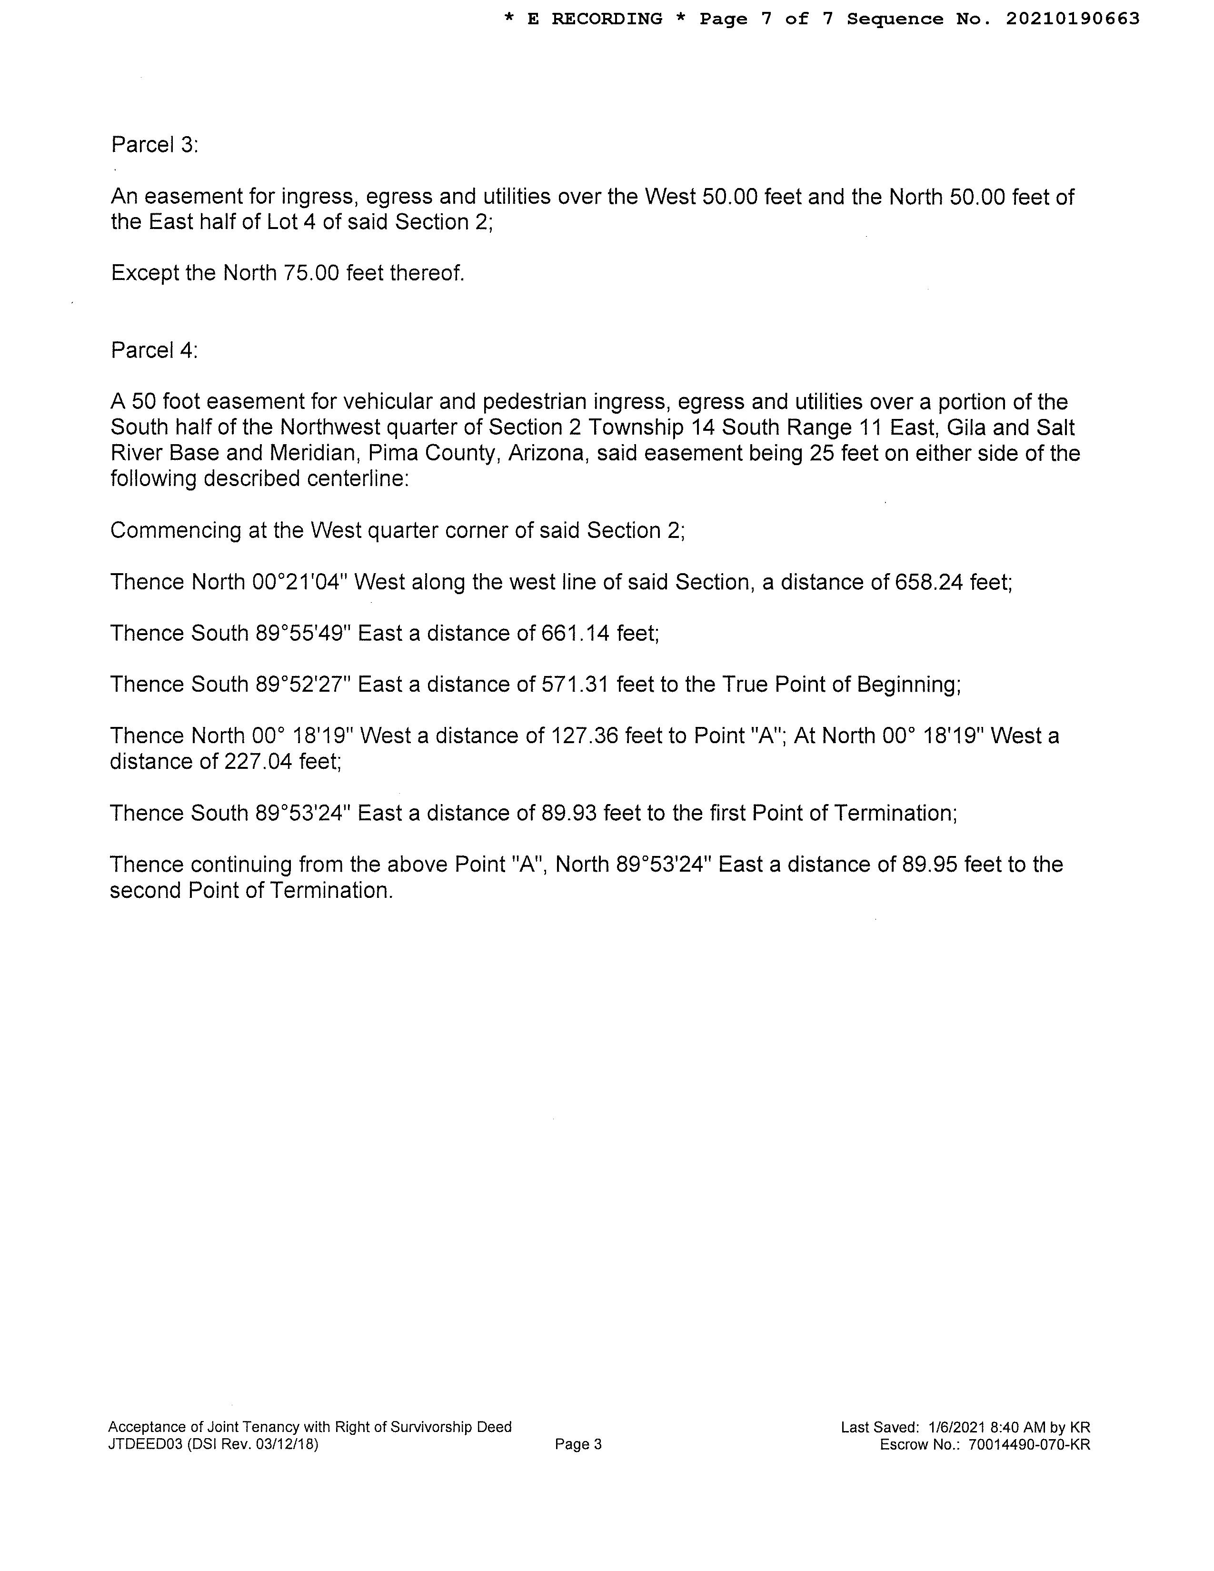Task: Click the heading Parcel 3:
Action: click(x=154, y=145)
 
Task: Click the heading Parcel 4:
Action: click(x=154, y=350)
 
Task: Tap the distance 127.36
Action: click(x=585, y=736)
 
